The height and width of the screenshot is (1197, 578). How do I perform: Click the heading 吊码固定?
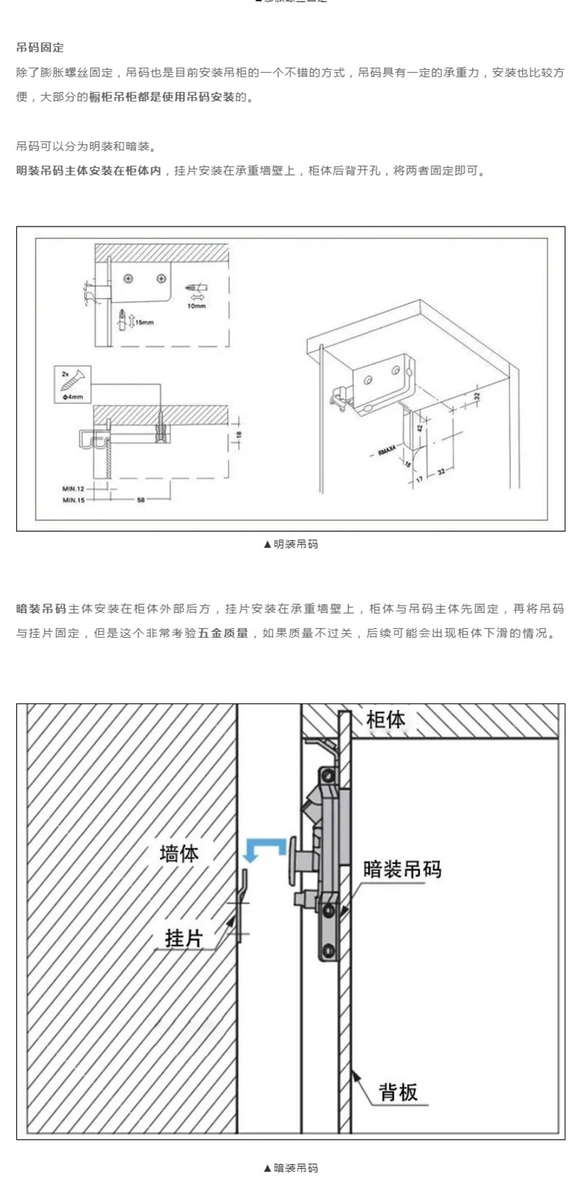[x=40, y=48]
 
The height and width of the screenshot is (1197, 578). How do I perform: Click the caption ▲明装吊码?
[x=290, y=544]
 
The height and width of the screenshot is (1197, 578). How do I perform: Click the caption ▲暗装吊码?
[x=290, y=1168]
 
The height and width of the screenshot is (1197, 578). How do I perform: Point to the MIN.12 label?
[x=74, y=488]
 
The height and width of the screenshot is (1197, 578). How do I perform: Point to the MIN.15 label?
[x=74, y=500]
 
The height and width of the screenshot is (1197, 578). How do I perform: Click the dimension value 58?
[x=141, y=500]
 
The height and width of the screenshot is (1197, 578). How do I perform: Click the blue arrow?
[x=264, y=850]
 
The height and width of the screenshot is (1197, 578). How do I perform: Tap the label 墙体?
[x=180, y=853]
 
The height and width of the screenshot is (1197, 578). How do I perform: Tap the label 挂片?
[x=183, y=939]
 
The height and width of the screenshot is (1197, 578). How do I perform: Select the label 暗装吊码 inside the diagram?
[x=402, y=869]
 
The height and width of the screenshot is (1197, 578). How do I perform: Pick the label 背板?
[x=398, y=1091]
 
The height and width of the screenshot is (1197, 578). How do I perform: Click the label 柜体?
[x=385, y=719]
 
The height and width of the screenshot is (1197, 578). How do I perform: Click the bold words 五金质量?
[x=223, y=633]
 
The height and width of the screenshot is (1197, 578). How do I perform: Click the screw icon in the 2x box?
[x=72, y=379]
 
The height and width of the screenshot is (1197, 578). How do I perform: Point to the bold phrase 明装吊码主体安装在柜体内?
[x=88, y=171]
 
